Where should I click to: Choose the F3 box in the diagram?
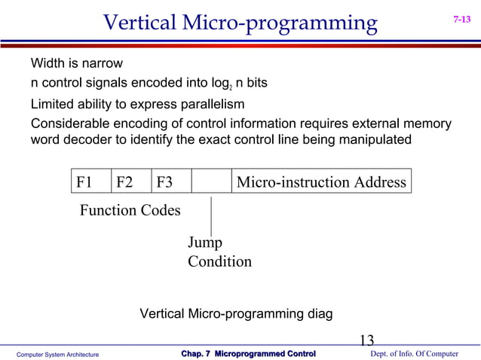[x=171, y=182]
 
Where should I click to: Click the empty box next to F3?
[x=211, y=182]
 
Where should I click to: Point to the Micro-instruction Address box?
[x=321, y=182]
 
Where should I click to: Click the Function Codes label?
[x=130, y=210]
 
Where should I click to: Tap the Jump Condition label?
[x=219, y=252]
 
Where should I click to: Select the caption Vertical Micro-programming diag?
[x=236, y=313]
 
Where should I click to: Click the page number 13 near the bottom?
[x=367, y=340]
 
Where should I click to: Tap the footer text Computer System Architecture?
[x=58, y=354]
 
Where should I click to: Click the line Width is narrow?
[x=76, y=63]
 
